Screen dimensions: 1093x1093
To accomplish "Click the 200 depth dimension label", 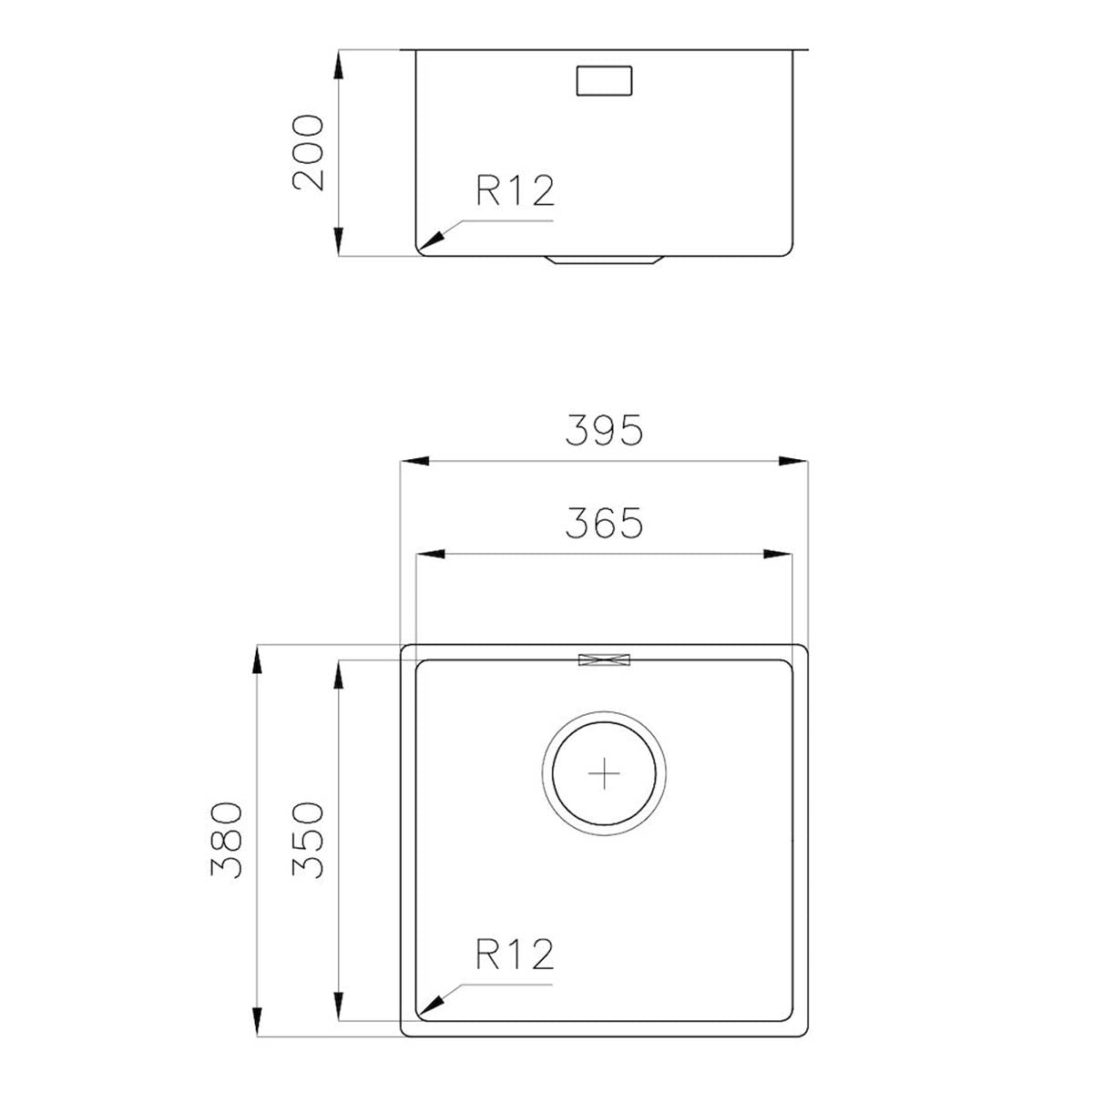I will point(310,152).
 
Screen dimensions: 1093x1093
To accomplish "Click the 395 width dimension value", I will point(604,431).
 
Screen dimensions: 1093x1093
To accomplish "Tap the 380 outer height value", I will point(227,840).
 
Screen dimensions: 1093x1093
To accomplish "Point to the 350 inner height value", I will point(309,840).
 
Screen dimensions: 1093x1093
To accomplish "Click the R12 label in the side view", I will point(515,191).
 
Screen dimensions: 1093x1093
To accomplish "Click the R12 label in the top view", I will point(515,955).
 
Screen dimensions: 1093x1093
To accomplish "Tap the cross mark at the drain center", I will point(604,773).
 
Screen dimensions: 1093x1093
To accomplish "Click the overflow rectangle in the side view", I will point(604,79).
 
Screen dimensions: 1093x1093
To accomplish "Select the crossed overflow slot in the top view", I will point(604,659).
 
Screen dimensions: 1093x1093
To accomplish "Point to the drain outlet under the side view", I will point(604,261).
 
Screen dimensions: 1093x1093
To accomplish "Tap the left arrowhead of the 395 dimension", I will point(414,462).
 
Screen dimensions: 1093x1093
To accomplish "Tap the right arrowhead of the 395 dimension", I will point(793,462).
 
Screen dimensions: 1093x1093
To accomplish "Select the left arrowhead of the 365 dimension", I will point(429,554).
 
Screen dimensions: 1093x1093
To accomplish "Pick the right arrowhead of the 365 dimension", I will point(778,554).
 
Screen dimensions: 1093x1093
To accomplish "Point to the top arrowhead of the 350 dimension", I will point(338,675).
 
